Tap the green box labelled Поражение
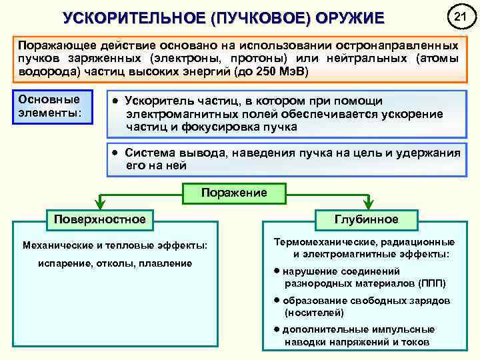point(234,193)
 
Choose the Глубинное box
point(366,219)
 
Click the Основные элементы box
point(51,105)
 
